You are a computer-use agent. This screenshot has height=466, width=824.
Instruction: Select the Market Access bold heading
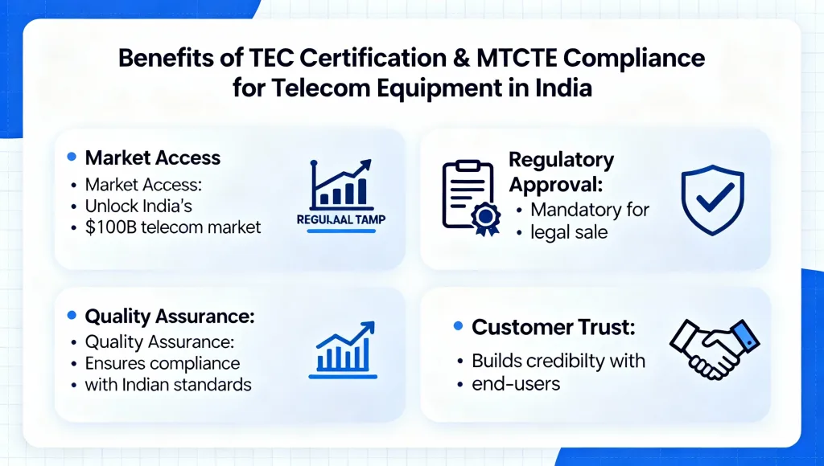tap(153, 157)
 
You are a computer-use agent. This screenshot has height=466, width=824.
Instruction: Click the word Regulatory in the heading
tap(561, 159)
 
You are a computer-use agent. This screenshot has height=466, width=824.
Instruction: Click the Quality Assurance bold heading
tap(170, 317)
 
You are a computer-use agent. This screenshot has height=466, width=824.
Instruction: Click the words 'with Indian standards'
tap(168, 384)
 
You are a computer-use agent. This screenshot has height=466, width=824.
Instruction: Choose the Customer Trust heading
tap(554, 327)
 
